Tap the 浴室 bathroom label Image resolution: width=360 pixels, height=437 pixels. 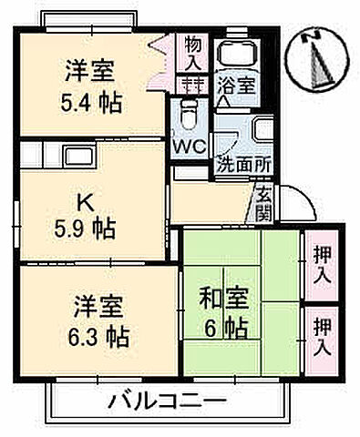click(235, 86)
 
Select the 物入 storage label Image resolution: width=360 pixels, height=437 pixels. click(193, 53)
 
